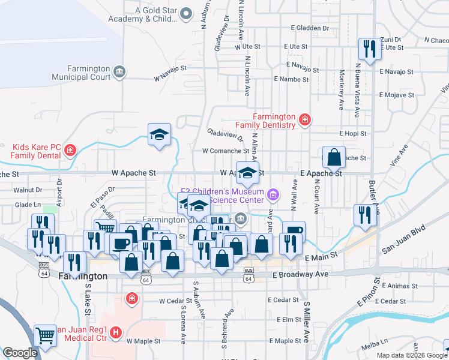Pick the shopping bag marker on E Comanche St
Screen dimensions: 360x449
[x=334, y=157]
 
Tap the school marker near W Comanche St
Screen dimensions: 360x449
[x=160, y=134]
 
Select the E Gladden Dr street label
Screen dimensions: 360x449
[x=310, y=28]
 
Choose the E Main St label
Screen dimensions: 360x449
[x=321, y=257]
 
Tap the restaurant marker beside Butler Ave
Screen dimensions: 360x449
[x=365, y=215]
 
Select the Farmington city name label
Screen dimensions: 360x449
[x=83, y=276]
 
